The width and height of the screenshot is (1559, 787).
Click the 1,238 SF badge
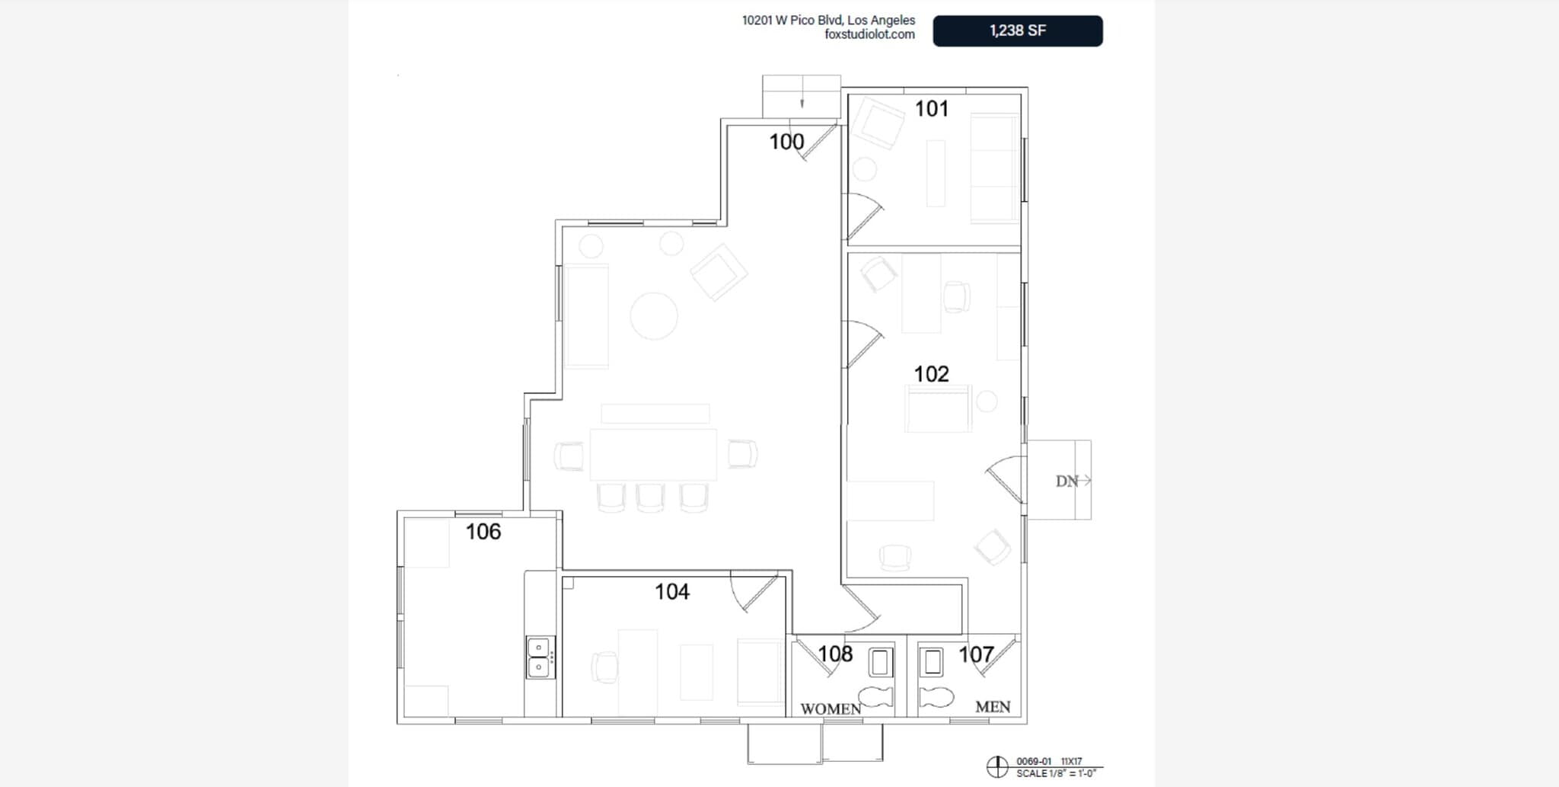tap(1017, 31)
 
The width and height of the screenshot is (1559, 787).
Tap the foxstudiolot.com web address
tap(869, 34)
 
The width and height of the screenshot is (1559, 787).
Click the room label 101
tap(932, 109)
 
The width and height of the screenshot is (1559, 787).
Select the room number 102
tap(932, 374)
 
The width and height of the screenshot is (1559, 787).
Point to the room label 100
tap(786, 142)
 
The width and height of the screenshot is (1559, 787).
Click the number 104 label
tap(672, 592)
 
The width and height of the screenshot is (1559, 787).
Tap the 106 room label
tap(483, 532)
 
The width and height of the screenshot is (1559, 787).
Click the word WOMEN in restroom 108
tap(831, 709)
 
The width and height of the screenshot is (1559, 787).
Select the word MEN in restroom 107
tap(993, 707)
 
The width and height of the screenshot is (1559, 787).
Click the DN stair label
tap(1067, 481)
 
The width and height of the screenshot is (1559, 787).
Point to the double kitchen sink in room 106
tap(540, 657)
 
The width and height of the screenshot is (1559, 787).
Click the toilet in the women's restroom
tap(875, 696)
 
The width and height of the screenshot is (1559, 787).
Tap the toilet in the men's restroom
tap(936, 696)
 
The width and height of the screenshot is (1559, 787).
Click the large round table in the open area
tap(654, 315)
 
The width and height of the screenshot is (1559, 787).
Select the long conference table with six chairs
tap(653, 454)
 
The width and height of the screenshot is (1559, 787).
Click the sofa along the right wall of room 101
tap(994, 168)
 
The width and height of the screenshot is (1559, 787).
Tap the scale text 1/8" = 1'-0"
tap(1056, 773)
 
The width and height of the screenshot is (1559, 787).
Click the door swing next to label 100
tap(818, 143)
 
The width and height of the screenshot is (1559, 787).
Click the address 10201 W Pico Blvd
tap(828, 21)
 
